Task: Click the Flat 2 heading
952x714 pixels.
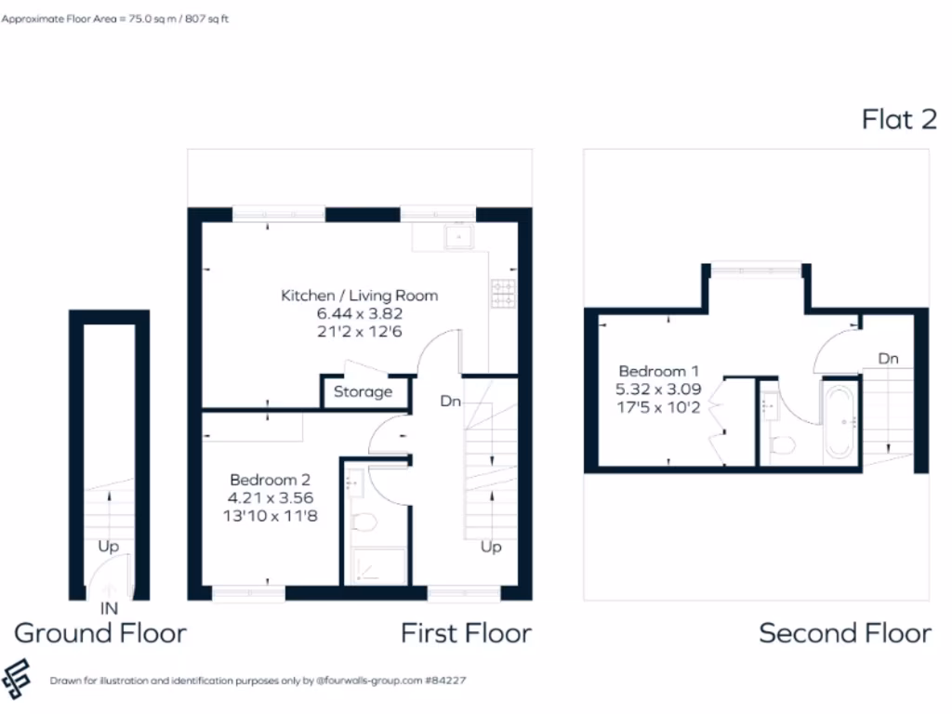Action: coord(898,119)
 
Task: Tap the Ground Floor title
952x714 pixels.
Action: coord(100,634)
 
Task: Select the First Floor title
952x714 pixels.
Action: coord(466,634)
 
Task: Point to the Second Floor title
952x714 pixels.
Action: coord(844,634)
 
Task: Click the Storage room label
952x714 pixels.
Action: coord(363,392)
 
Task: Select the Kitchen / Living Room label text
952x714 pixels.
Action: coord(359,296)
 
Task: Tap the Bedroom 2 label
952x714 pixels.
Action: coord(271,481)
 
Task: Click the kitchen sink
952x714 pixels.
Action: coord(459,237)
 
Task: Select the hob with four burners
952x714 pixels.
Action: coord(504,294)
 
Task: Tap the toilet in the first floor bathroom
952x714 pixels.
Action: coord(364,522)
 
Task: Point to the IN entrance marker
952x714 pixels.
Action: coord(109,609)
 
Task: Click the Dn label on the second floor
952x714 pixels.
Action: coord(888,358)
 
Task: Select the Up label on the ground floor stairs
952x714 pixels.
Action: coord(109,547)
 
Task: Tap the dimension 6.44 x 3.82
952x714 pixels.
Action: coord(359,314)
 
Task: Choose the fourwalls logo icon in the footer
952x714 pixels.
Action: coord(17,680)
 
